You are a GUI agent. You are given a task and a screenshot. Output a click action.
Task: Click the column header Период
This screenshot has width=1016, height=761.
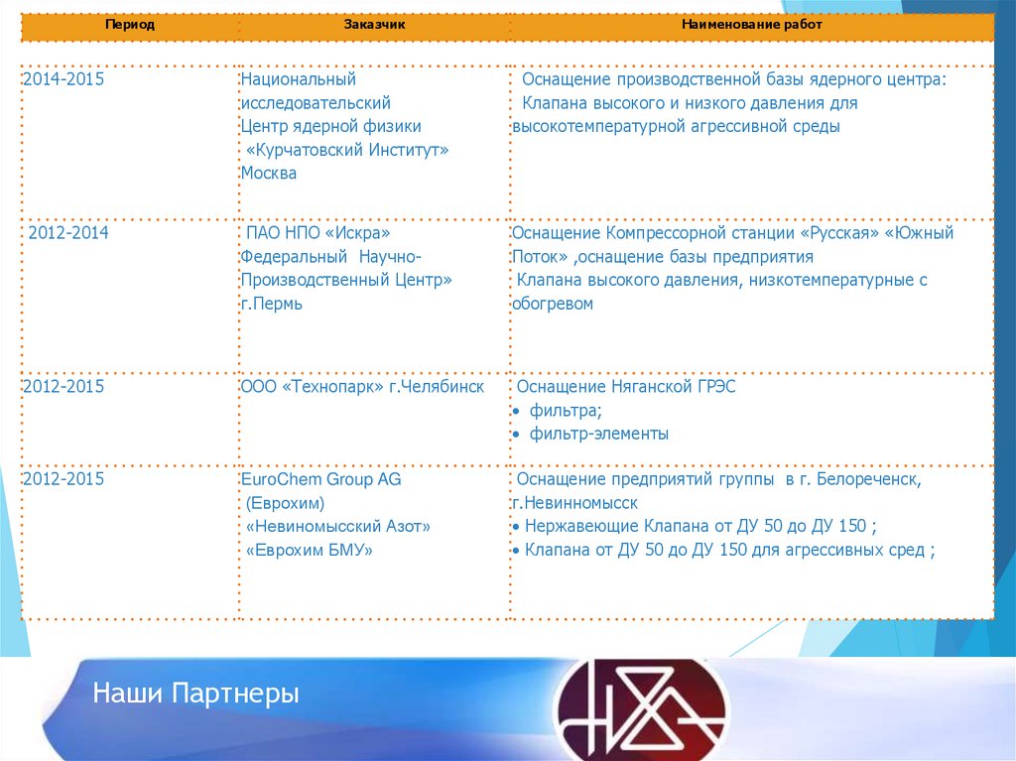131,24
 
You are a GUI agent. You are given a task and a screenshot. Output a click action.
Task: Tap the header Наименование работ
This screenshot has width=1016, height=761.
751,24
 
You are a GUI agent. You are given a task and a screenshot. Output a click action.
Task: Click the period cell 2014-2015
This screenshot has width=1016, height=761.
63,79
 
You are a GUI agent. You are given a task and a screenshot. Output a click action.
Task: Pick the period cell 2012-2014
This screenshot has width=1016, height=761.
68,233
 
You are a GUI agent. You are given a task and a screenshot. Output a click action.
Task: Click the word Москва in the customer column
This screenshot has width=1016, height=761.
269,173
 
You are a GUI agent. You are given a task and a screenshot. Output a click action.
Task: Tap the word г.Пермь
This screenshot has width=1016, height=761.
272,304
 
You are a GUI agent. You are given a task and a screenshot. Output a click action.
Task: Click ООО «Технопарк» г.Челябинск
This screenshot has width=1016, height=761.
362,386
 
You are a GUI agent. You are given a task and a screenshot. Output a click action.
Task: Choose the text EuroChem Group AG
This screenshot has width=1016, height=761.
320,479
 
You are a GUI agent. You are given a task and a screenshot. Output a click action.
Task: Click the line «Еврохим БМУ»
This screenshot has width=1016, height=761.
310,550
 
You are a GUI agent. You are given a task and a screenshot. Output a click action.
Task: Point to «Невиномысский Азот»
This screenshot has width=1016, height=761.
338,526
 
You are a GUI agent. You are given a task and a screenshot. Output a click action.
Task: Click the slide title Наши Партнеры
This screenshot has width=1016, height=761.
195,694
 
